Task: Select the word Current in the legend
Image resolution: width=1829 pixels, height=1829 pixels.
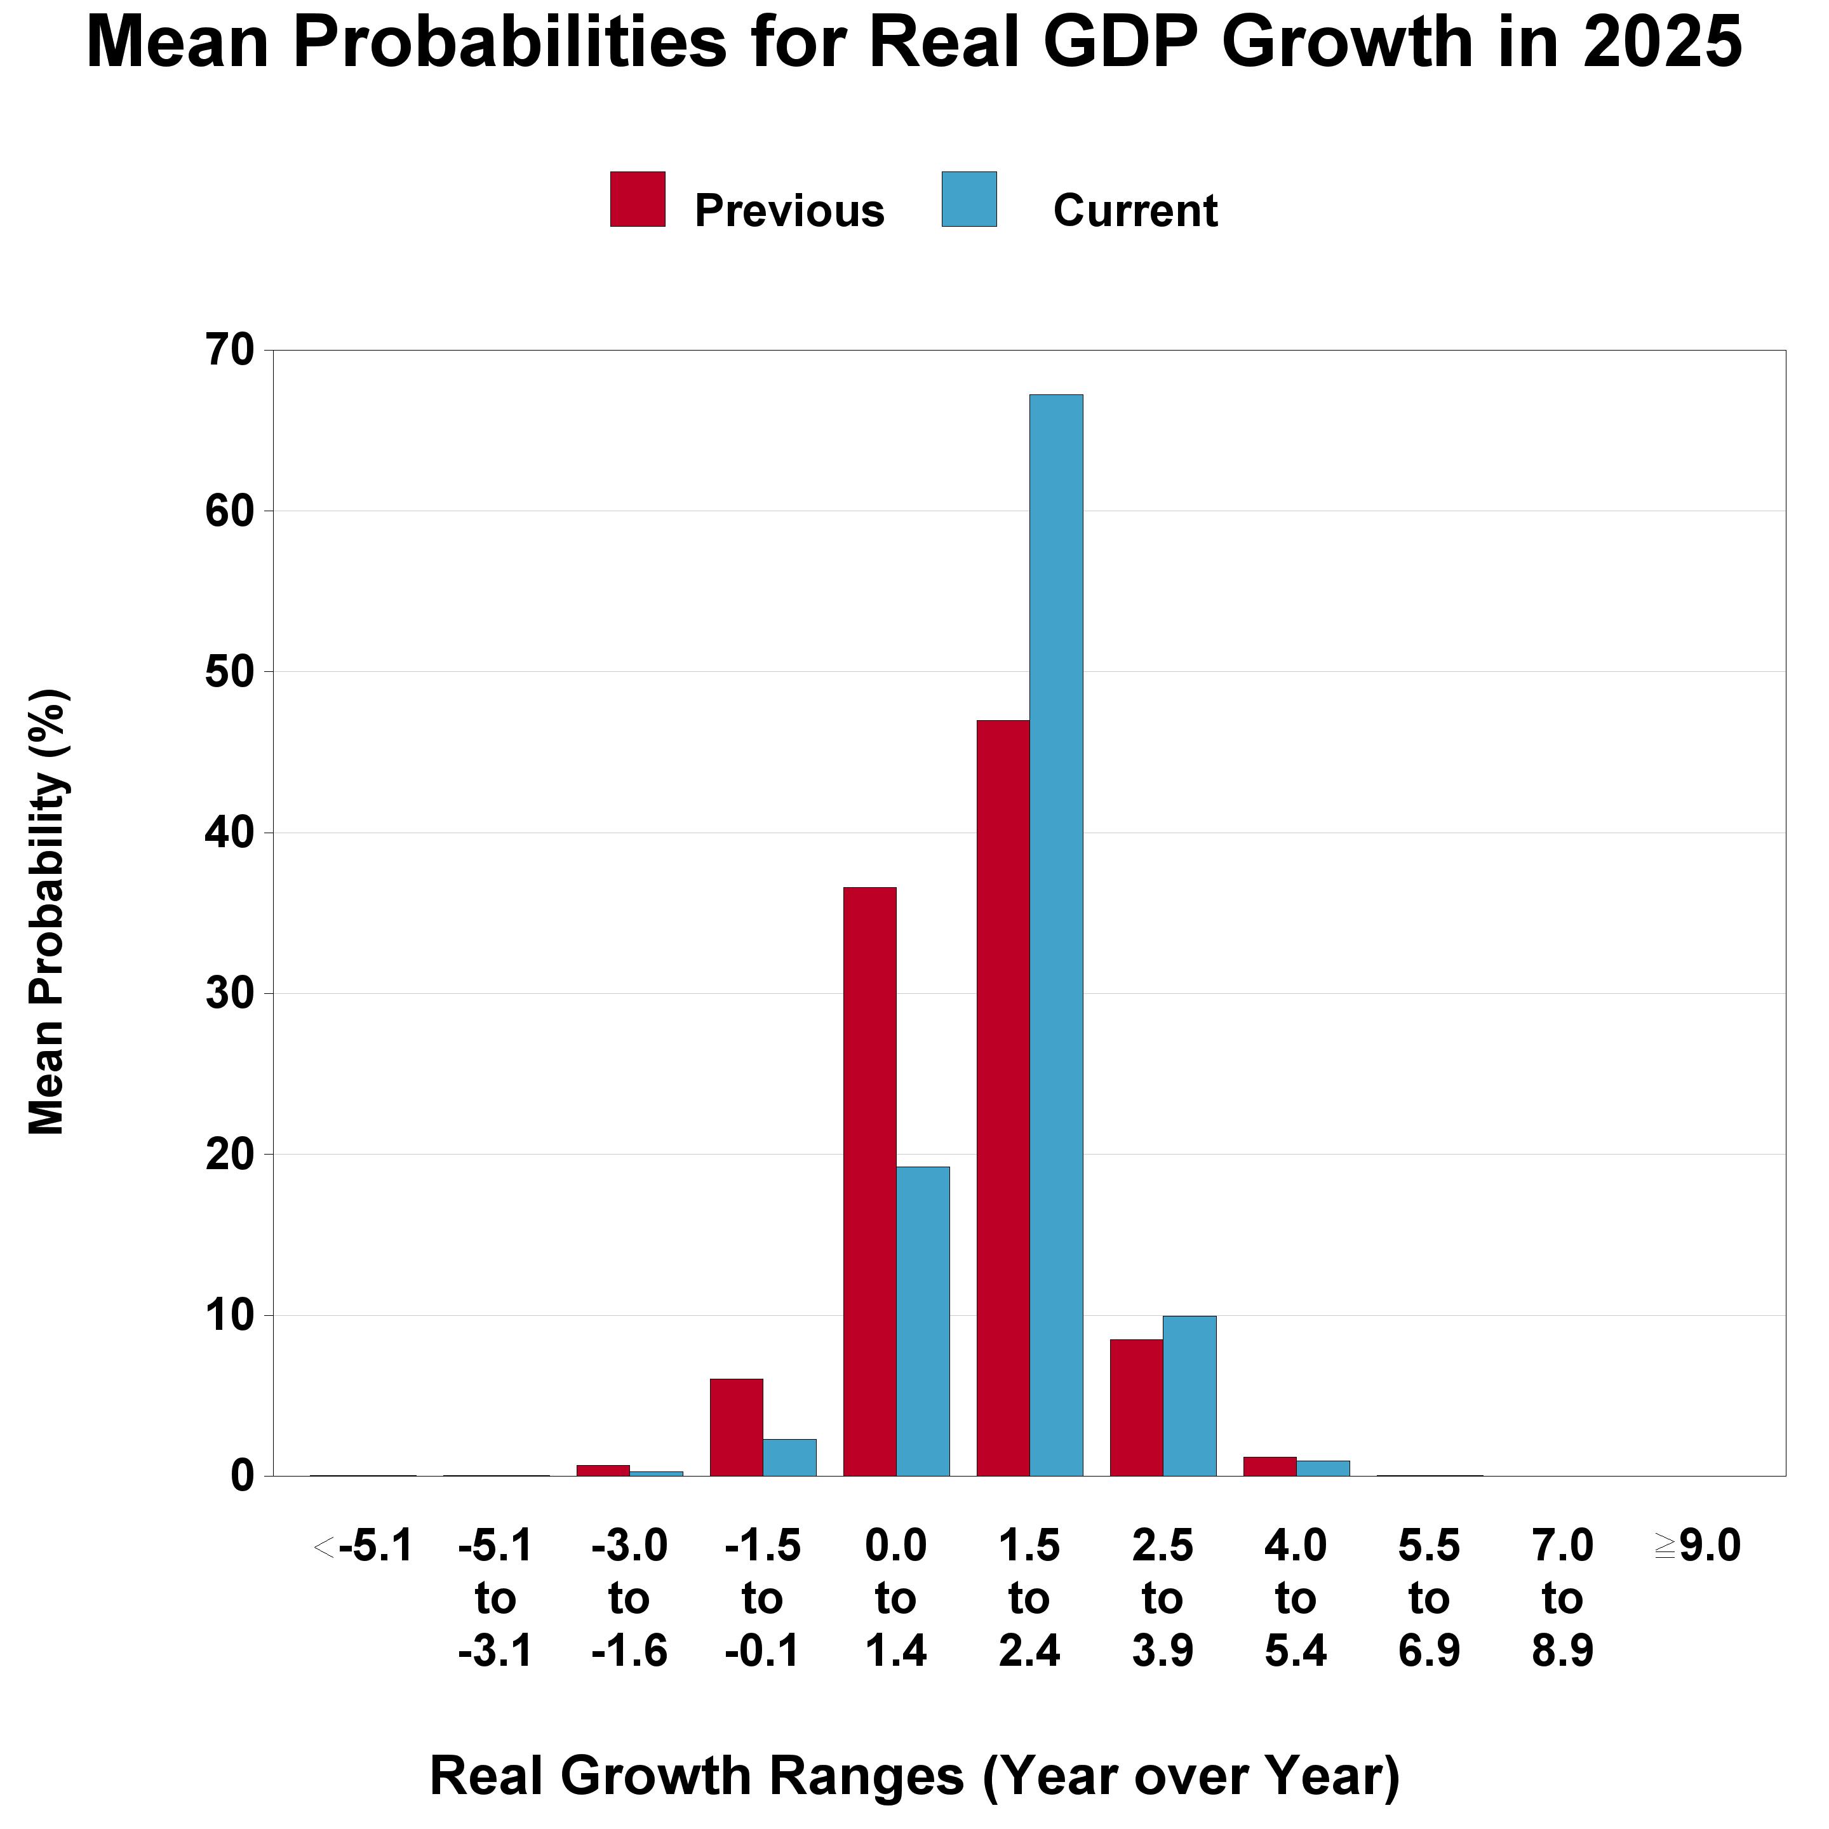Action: (1134, 210)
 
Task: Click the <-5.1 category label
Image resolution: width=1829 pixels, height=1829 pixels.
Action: (363, 1547)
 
